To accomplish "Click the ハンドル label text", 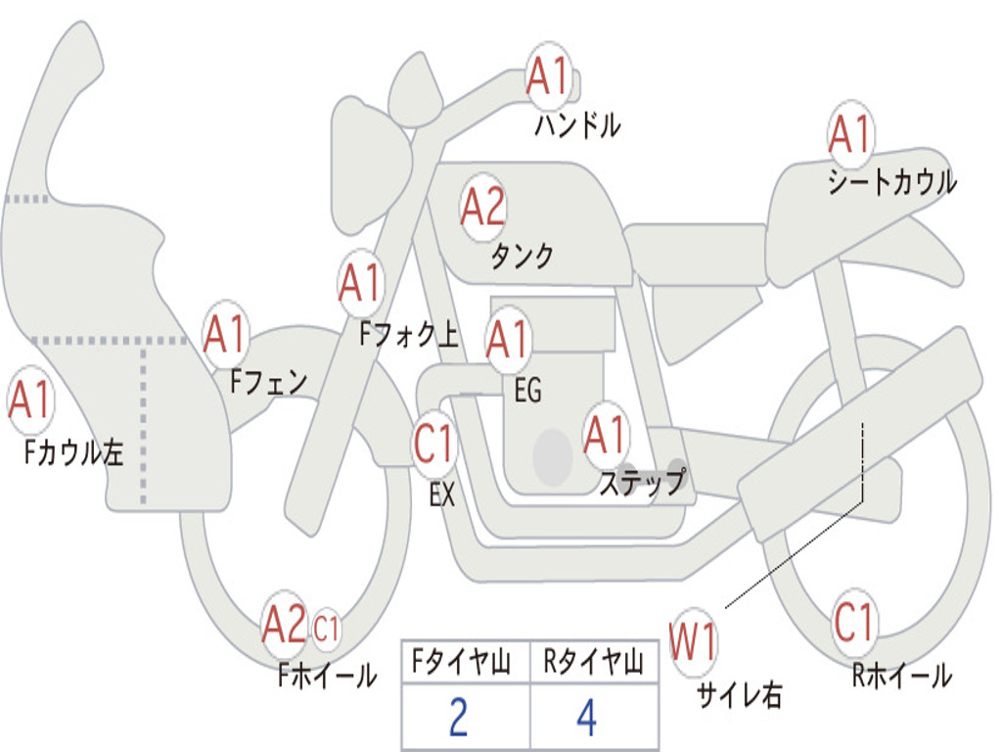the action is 577,125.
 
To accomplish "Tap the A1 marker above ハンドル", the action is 548,75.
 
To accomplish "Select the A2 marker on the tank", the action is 483,208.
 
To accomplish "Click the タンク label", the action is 523,256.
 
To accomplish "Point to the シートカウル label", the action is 892,181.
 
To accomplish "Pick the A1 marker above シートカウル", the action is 851,134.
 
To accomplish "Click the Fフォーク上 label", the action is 409,334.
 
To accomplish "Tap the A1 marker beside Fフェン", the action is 225,334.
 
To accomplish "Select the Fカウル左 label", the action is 72,451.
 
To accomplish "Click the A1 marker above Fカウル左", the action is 30,399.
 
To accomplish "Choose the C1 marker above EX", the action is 434,444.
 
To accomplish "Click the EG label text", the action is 527,390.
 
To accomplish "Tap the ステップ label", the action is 643,481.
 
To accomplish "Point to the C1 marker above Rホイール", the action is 853,622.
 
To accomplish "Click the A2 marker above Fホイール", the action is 285,624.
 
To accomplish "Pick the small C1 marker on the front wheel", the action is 326,628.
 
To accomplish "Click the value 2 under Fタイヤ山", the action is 459,718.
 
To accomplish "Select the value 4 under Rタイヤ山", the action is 587,718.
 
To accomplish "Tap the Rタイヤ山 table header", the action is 594,662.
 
